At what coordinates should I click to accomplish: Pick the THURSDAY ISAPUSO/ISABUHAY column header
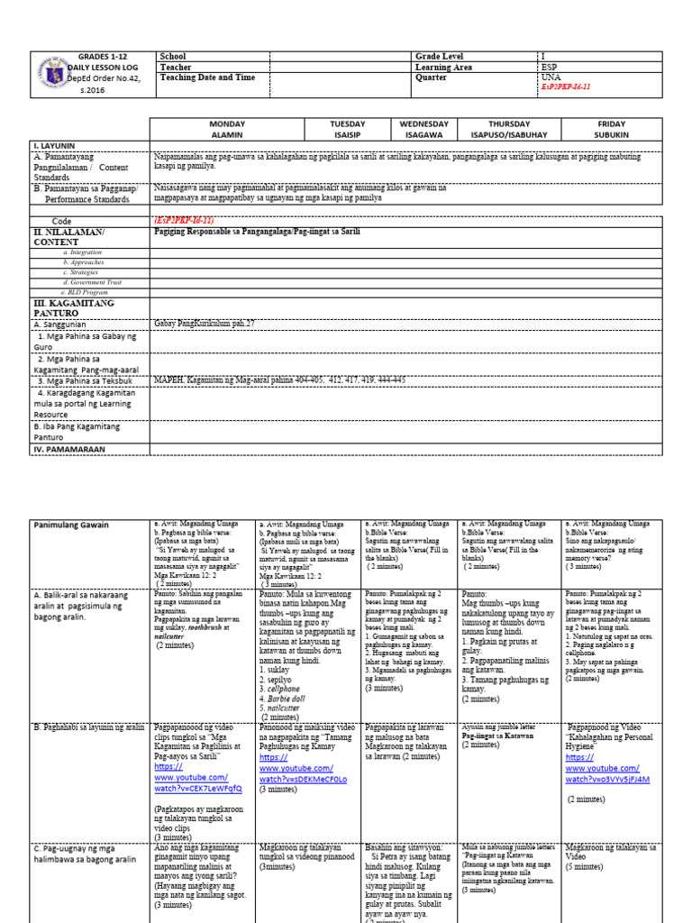pos(510,129)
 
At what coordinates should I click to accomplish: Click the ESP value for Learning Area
pos(550,67)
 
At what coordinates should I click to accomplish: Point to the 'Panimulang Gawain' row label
pos(71,525)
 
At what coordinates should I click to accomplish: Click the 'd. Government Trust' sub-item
pos(89,281)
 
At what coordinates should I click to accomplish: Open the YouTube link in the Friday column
pos(609,772)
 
